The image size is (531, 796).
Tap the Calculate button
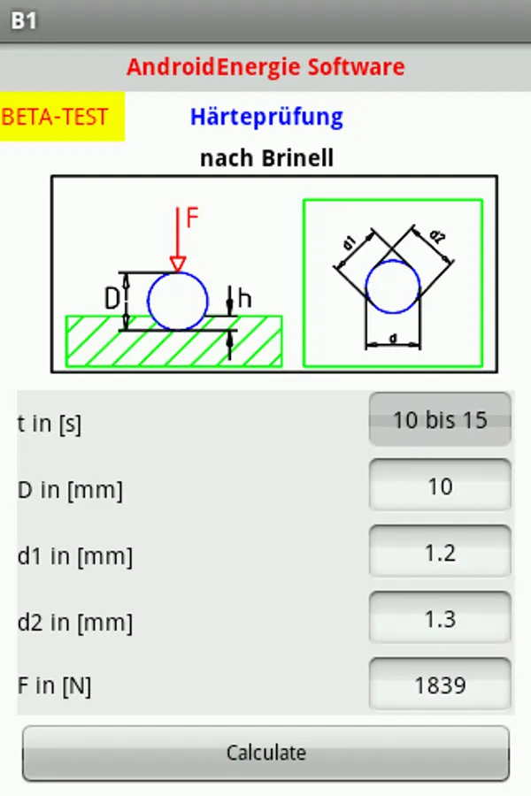pyautogui.click(x=265, y=754)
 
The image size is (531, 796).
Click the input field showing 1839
pyautogui.click(x=440, y=685)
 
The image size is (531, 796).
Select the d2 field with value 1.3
pyautogui.click(x=440, y=619)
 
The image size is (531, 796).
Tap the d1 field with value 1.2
pyautogui.click(x=440, y=553)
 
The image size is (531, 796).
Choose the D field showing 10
pyautogui.click(x=440, y=486)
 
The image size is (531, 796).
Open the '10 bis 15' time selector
pyautogui.click(x=440, y=419)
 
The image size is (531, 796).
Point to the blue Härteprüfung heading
pyautogui.click(x=266, y=116)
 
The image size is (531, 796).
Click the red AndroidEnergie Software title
pyautogui.click(x=265, y=66)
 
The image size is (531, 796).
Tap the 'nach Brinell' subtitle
pyautogui.click(x=266, y=158)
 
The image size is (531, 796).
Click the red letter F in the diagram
pyautogui.click(x=193, y=218)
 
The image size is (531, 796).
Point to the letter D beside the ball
pyautogui.click(x=112, y=300)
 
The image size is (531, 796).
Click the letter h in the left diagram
pyautogui.click(x=245, y=299)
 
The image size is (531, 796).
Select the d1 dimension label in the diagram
pyautogui.click(x=349, y=241)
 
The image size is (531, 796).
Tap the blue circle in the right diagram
pyautogui.click(x=393, y=287)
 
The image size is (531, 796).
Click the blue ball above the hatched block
pyautogui.click(x=177, y=301)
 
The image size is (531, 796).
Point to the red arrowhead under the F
pyautogui.click(x=178, y=264)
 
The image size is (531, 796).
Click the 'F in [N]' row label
pyautogui.click(x=54, y=685)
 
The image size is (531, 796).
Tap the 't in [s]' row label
pyautogui.click(x=49, y=424)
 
